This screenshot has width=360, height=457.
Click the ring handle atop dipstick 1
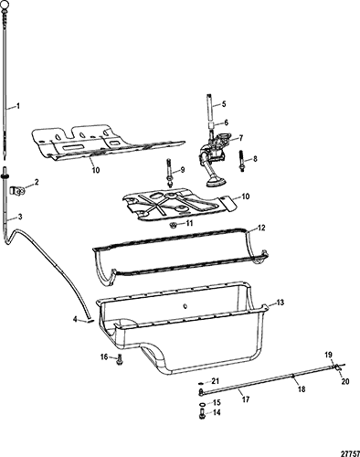pos(5,4)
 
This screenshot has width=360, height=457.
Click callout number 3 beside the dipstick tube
pos(20,217)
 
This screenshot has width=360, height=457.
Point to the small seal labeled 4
pos(90,320)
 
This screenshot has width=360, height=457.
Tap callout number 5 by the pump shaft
pos(224,104)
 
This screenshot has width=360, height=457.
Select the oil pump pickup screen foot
pos(216,183)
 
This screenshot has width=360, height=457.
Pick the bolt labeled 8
pos(242,161)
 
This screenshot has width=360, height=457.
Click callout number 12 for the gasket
pos(261,228)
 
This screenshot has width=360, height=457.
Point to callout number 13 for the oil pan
pos(280,303)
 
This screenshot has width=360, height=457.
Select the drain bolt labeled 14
pos(202,413)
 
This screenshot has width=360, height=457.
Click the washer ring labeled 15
pos(202,404)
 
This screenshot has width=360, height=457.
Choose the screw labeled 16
pos(119,358)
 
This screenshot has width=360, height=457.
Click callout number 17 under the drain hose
pos(246,399)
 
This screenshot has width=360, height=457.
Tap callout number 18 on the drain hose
pos(302,389)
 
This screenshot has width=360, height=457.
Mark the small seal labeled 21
pos(201,383)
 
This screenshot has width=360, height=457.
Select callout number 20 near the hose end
pos(345,381)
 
